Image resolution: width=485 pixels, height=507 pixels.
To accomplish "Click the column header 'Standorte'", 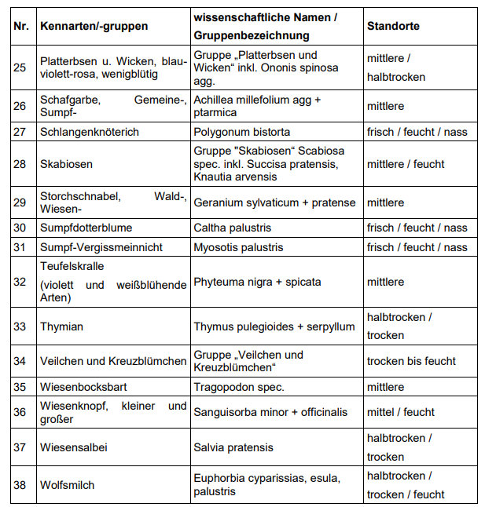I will click(393, 26).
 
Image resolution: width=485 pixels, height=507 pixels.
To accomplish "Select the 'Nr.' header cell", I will click(21, 26).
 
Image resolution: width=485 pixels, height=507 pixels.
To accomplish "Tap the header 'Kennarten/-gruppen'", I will click(94, 26).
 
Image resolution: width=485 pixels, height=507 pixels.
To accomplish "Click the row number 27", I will click(20, 132).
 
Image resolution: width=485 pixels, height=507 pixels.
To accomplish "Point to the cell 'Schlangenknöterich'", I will click(90, 132).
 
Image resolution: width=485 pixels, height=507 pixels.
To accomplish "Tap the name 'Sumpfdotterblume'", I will click(86, 228).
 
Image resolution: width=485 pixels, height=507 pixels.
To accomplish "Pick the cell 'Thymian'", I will click(61, 326).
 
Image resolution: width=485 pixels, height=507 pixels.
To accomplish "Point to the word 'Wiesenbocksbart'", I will click(83, 387).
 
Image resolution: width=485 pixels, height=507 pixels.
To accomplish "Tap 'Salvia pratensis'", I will click(233, 447).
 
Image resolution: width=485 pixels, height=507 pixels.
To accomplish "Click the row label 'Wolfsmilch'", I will click(68, 485).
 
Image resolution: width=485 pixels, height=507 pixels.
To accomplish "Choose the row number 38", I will click(20, 485).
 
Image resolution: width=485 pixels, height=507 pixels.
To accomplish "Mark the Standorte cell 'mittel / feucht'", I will click(401, 413).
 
